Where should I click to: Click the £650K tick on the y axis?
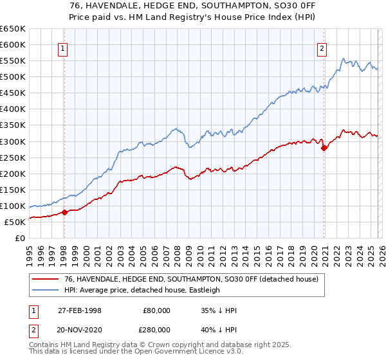13,29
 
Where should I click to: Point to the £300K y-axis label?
13,141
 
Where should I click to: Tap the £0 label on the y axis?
21,238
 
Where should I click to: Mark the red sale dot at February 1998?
65,212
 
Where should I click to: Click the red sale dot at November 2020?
324,148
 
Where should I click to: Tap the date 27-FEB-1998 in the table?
79,310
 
